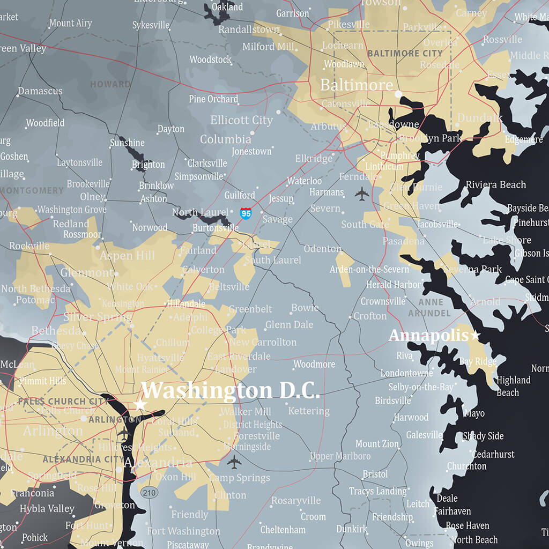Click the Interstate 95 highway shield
[246, 213]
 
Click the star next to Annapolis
[474, 336]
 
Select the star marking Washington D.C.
[140, 404]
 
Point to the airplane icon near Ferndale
[362, 194]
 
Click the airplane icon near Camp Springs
[234, 461]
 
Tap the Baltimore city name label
[357, 85]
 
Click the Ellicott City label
[241, 120]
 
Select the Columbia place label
[225, 139]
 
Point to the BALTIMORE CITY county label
[405, 54]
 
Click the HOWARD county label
[110, 84]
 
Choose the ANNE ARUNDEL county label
[429, 307]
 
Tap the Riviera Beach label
[495, 185]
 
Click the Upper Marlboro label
[340, 456]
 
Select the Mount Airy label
[70, 24]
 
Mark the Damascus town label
[40, 91]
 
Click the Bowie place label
[305, 308]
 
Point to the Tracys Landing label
[377, 491]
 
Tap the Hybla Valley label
[47, 508]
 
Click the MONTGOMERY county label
[32, 190]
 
